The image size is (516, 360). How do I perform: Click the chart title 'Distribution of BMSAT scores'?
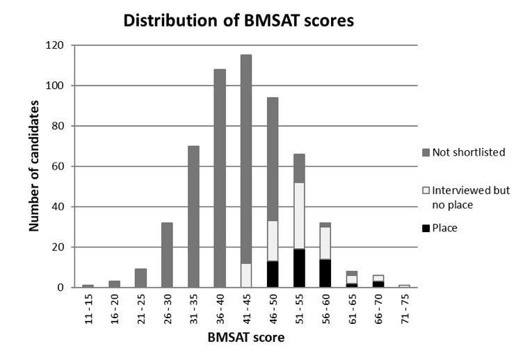pos(239,20)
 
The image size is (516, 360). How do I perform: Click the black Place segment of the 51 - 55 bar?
pos(299,268)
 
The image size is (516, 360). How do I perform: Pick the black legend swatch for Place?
pos(425,227)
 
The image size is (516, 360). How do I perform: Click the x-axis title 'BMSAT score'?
pos(245,338)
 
